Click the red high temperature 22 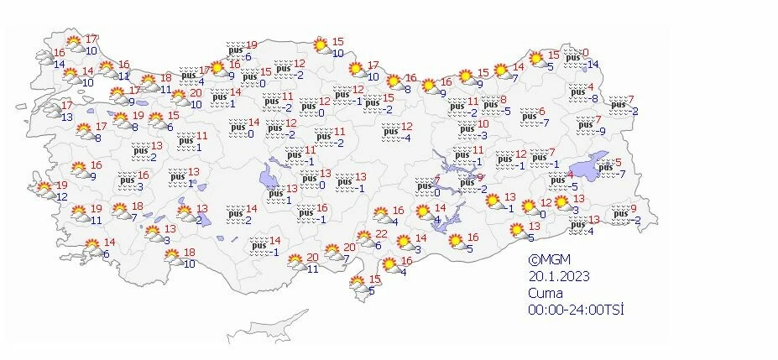381,234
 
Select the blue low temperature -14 592,65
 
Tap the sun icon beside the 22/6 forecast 365,238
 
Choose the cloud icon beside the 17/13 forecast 50,110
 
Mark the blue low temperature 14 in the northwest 60,64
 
